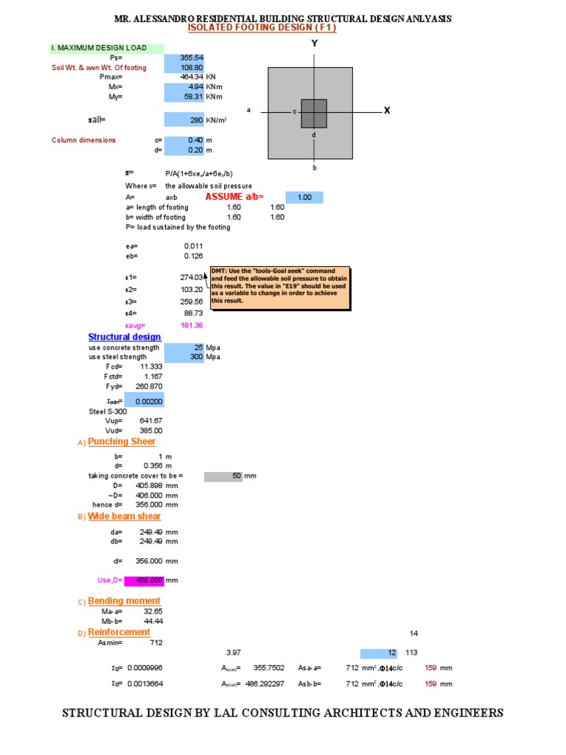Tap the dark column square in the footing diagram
tap(314, 113)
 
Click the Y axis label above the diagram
tap(314, 44)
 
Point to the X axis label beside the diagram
tap(386, 110)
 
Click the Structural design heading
tap(125, 337)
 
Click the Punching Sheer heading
tap(122, 442)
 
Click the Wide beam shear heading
tap(124, 516)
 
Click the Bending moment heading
tap(124, 601)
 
